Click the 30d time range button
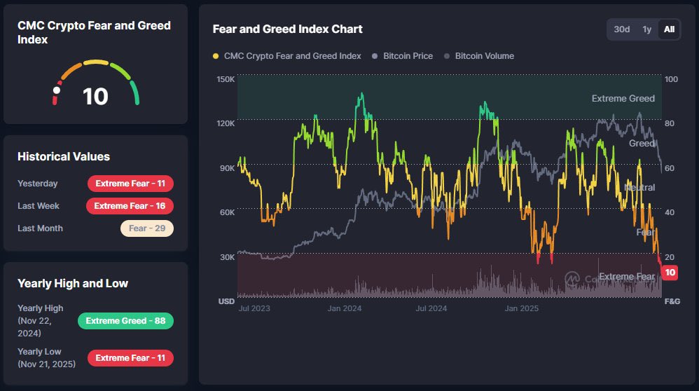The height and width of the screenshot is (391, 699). click(x=622, y=29)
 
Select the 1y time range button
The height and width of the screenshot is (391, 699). click(x=647, y=29)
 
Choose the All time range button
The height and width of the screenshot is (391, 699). click(x=669, y=29)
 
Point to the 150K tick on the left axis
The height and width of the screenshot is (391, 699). click(x=226, y=79)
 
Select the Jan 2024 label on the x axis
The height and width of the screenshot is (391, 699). click(x=344, y=308)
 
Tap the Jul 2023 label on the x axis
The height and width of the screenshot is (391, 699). click(x=254, y=308)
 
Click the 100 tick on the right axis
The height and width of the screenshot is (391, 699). click(x=671, y=79)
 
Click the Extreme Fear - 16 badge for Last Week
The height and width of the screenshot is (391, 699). click(x=130, y=206)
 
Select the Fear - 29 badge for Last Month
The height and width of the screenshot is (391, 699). click(x=146, y=228)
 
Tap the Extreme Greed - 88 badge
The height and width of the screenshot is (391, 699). click(x=125, y=321)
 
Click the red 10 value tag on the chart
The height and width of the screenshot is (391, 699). click(x=670, y=273)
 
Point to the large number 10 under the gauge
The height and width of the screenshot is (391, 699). click(x=95, y=97)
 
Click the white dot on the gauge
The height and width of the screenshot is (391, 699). click(x=57, y=90)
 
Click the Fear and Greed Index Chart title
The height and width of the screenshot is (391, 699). click(x=287, y=29)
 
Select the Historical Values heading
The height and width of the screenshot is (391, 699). click(x=64, y=156)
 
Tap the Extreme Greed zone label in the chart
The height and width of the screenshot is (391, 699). click(x=623, y=99)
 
